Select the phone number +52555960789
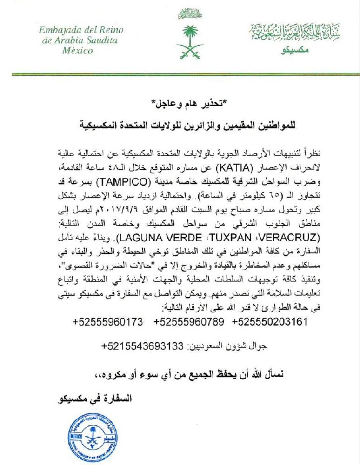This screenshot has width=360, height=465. (x=189, y=321)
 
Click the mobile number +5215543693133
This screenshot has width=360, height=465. (x=142, y=347)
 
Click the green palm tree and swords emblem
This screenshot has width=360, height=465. (x=190, y=41)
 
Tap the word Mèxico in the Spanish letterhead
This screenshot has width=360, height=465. (x=77, y=50)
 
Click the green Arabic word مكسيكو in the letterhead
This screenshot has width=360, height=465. (x=295, y=49)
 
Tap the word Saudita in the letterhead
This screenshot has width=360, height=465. (x=99, y=40)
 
